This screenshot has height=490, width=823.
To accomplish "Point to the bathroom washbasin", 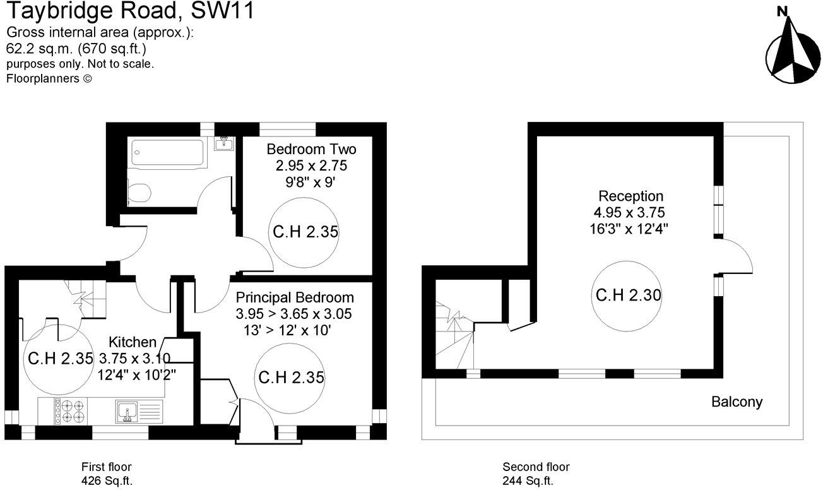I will click(x=224, y=145).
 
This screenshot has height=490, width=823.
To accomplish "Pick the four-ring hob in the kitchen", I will click(x=73, y=411).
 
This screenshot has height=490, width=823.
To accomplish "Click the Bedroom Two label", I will click(x=311, y=150).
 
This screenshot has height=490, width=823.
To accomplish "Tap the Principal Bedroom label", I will click(x=295, y=297).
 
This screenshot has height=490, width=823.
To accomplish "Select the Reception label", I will click(x=631, y=196).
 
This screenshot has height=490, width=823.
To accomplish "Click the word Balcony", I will click(x=737, y=402).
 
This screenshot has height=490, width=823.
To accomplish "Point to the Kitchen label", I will click(x=133, y=342).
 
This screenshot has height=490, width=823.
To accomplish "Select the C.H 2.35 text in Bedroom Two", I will click(x=305, y=232).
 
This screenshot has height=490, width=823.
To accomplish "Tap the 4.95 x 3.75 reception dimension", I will click(x=631, y=212).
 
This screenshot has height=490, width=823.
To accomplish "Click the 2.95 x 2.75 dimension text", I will click(x=311, y=166).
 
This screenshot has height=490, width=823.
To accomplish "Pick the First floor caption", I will click(x=106, y=467).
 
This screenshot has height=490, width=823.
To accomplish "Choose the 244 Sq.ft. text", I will click(x=528, y=481).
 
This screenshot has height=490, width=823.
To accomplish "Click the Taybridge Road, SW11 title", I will click(x=129, y=11).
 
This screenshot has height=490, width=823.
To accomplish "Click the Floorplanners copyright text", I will click(x=49, y=79).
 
